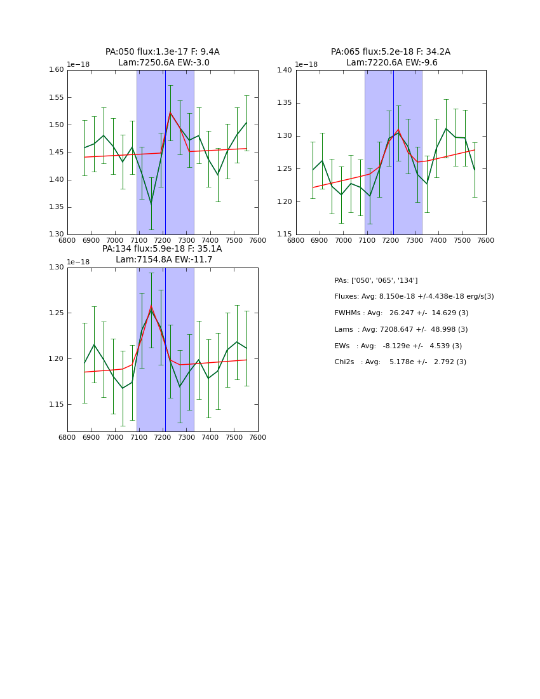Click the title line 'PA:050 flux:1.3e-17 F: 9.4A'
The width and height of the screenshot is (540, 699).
point(163,52)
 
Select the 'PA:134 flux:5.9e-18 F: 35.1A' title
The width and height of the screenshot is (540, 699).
point(162,249)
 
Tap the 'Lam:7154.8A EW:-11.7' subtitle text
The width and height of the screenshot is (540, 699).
point(164,260)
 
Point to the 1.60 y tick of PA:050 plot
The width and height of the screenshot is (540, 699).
point(57,70)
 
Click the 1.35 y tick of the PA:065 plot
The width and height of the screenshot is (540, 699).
point(285,103)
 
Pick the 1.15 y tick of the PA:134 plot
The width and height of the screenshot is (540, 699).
point(57,405)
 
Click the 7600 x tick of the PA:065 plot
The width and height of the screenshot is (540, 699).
point(485,241)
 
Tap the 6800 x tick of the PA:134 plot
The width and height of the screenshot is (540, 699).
point(67,438)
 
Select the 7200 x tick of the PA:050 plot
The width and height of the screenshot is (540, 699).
point(163,241)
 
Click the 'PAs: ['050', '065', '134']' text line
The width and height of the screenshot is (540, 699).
point(376,281)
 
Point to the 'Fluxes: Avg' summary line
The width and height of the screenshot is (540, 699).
point(414,297)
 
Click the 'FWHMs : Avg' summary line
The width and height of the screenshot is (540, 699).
point(401,313)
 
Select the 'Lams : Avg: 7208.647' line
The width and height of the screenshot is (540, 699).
point(401,330)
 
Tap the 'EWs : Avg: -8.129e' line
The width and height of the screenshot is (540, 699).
point(398,346)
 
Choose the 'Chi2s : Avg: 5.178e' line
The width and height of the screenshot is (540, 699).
point(400,362)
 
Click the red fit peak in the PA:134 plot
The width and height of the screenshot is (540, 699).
point(151,306)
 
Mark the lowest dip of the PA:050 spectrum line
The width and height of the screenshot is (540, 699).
point(151,203)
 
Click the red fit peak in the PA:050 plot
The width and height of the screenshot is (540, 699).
point(170,113)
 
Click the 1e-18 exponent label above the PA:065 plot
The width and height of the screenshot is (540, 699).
point(306,65)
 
